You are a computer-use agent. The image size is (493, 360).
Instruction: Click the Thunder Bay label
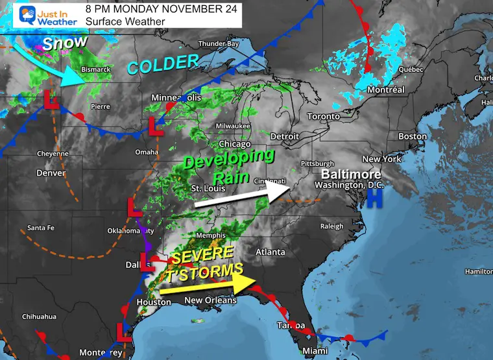[219, 44]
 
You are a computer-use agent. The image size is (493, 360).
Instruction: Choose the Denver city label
[51, 173]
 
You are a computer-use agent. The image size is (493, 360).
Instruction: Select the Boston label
[413, 136]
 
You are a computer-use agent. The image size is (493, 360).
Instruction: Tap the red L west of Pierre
[49, 100]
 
